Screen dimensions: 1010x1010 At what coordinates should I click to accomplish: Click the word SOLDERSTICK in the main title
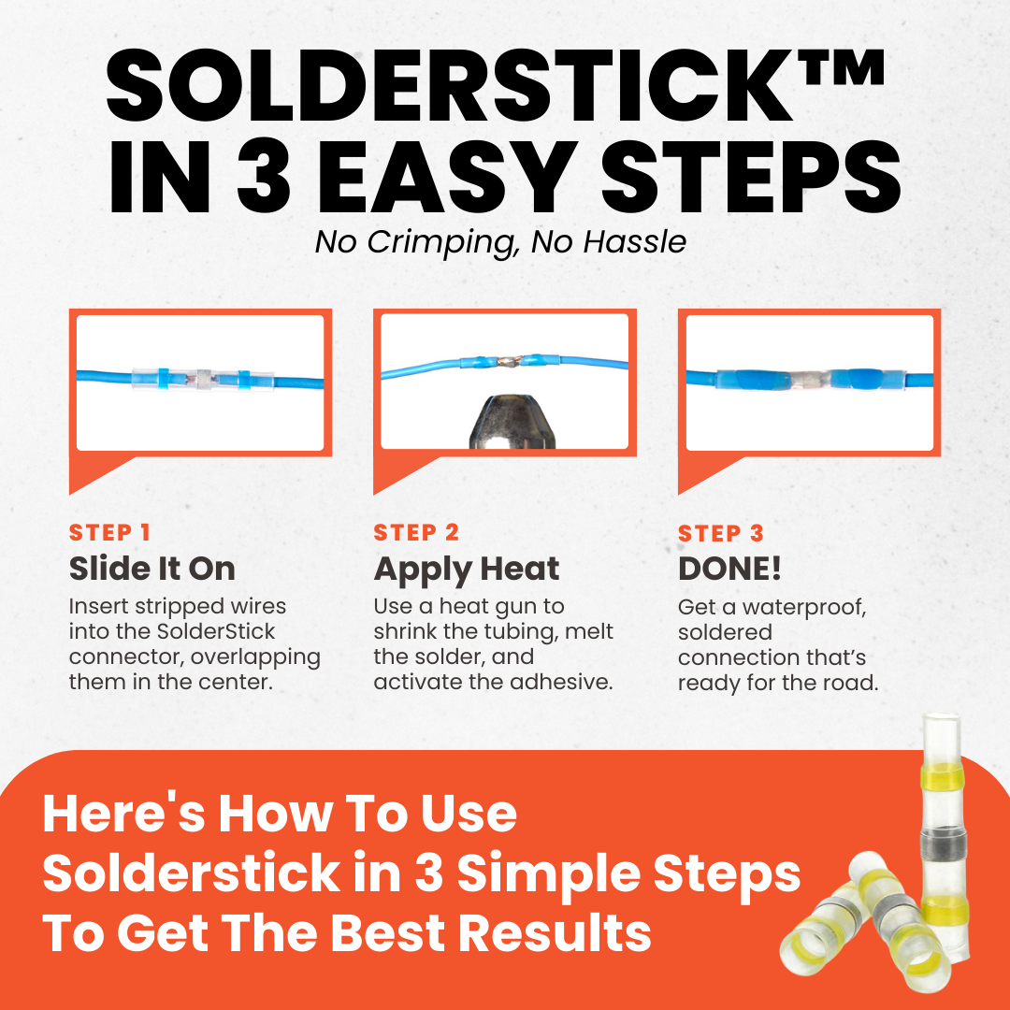[450, 86]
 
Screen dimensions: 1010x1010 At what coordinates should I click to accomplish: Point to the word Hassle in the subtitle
[634, 242]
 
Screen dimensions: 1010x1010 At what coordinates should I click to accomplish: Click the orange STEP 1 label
[109, 533]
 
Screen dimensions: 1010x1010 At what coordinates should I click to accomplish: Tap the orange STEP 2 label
[416, 533]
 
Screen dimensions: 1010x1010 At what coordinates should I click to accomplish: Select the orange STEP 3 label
[721, 533]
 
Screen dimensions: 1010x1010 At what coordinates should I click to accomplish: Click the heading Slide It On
[152, 569]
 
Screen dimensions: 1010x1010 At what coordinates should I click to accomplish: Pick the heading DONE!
[729, 569]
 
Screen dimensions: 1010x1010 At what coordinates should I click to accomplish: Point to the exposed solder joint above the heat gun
[510, 362]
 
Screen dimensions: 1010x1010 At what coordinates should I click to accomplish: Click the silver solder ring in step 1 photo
[204, 380]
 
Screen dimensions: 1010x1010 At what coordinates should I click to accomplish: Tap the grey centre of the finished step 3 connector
[808, 379]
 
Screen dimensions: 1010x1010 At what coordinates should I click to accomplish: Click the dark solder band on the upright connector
[945, 844]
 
